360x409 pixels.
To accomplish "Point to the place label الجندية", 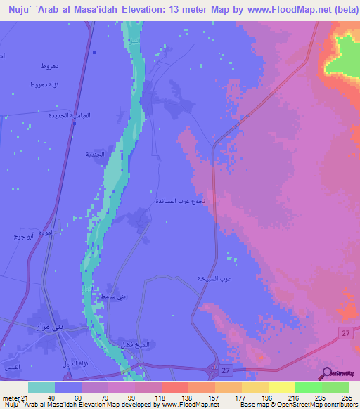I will [94, 153].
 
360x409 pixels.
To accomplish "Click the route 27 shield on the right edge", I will [346, 332].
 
